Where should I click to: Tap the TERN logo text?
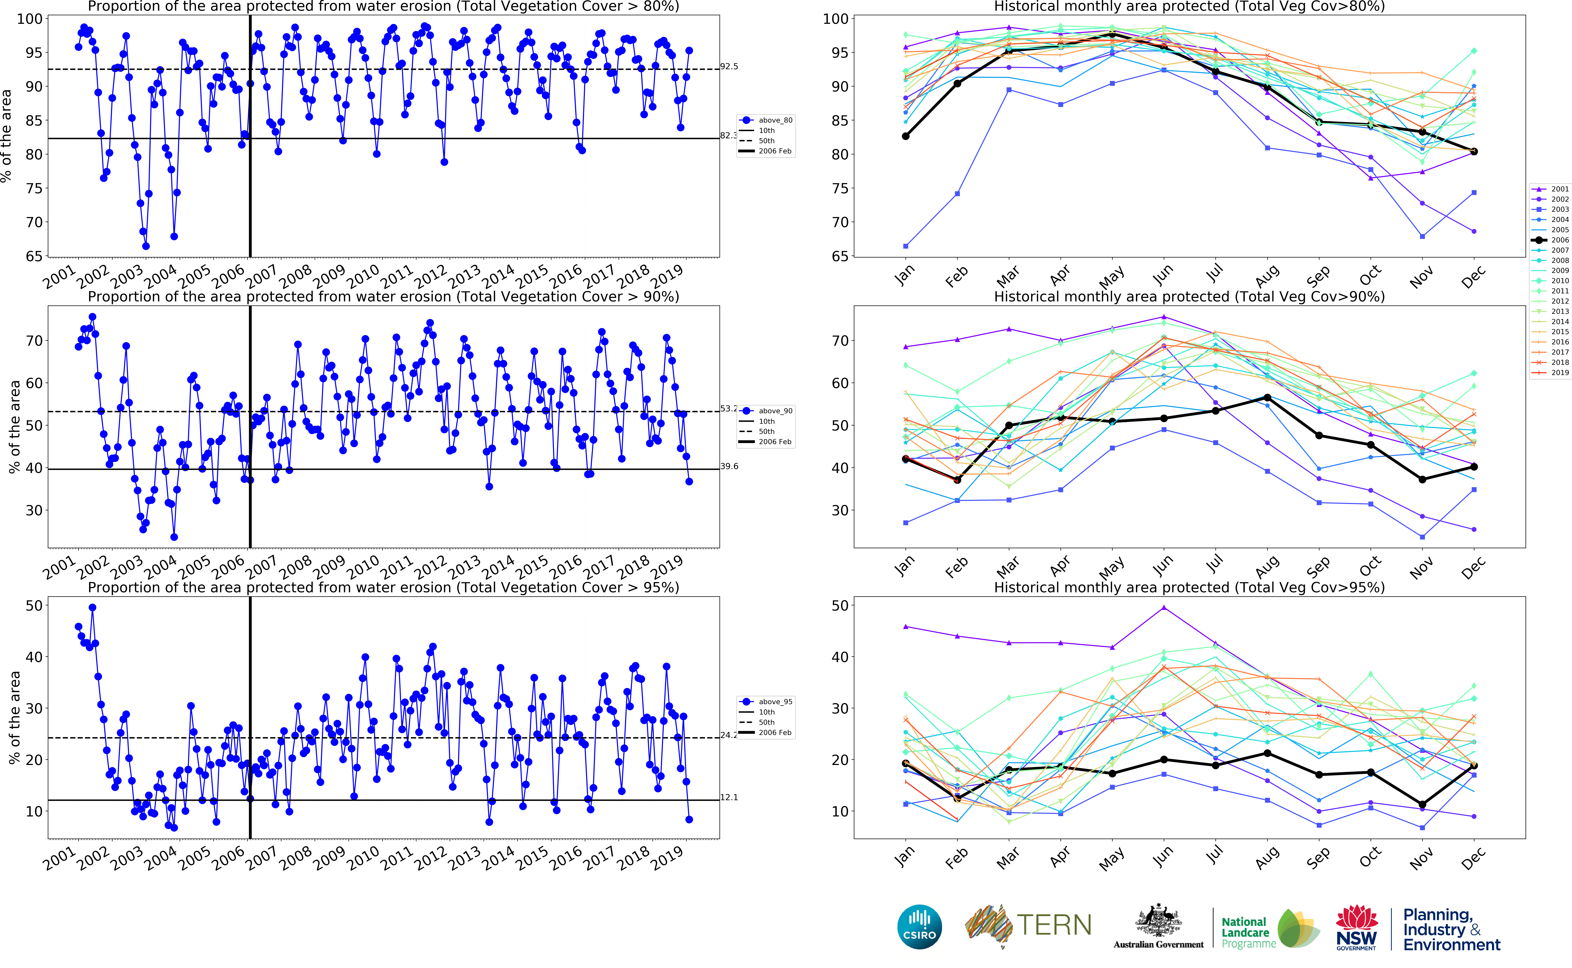(x=1054, y=925)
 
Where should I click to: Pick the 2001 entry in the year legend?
(x=1559, y=189)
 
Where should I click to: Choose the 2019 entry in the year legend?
(x=1559, y=373)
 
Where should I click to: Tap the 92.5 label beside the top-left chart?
(x=729, y=67)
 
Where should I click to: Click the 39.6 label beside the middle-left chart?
(x=729, y=466)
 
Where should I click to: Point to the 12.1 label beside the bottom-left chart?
(x=729, y=797)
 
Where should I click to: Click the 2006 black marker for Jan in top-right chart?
(x=905, y=136)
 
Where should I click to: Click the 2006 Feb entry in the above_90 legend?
(x=775, y=442)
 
